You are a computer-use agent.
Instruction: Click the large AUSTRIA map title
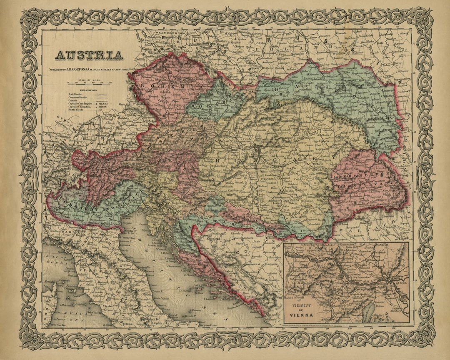(x=89, y=55)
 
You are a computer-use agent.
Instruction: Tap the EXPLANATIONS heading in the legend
(x=82, y=90)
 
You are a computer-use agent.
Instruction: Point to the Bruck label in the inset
(x=402, y=283)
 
